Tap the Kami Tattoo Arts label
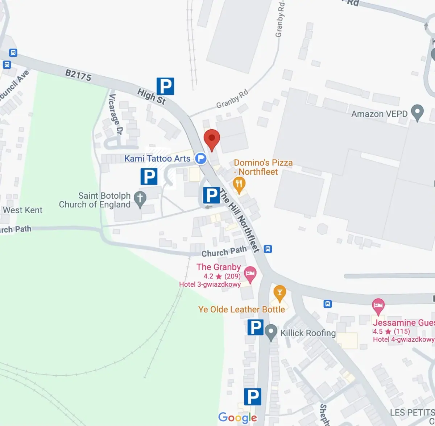(157, 159)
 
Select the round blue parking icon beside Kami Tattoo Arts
(201, 159)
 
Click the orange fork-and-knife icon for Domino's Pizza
(239, 184)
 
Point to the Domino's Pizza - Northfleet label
(263, 167)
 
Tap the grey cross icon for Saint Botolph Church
(140, 199)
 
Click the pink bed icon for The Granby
(250, 274)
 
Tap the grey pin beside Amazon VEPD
(418, 113)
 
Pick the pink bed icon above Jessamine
(378, 306)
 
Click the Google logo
(237, 418)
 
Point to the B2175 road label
(78, 75)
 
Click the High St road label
(152, 97)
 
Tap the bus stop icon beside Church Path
(268, 249)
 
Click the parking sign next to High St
(165, 87)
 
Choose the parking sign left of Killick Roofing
(255, 328)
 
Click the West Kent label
(22, 210)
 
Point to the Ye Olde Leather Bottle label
(241, 309)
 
